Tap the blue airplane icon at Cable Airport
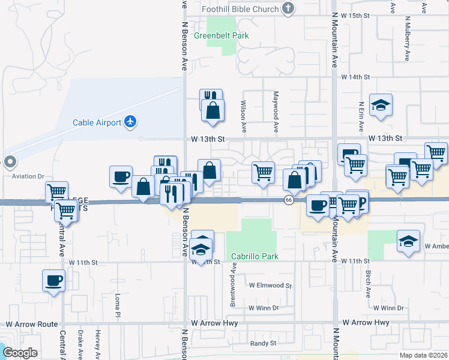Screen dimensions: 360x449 tap(130, 122)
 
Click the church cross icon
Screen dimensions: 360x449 tap(289, 8)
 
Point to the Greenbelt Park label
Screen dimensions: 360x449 tap(221, 36)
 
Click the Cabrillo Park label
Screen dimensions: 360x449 tap(255, 256)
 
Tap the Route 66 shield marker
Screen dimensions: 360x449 tap(289, 200)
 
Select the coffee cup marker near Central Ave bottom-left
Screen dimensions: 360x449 tap(53, 280)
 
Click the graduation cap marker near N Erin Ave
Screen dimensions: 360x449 tap(381, 106)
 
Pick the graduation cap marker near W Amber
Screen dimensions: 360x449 tap(408, 242)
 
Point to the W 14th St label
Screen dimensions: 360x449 tap(356, 77)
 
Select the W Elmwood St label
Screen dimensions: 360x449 tap(270, 286)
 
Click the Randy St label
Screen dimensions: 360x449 tap(263, 344)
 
